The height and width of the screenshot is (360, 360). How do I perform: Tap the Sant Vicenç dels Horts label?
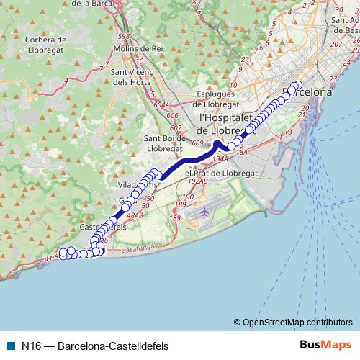130,77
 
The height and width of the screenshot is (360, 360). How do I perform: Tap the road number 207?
336,45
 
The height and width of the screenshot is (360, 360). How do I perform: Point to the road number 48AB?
134,215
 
